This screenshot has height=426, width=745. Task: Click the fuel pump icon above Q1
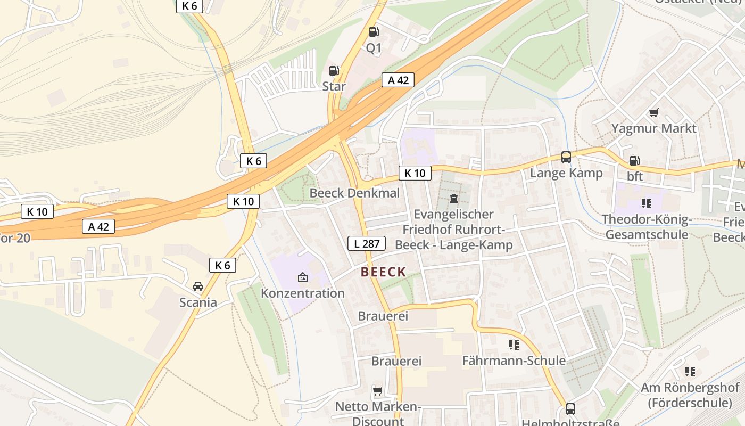pyautogui.click(x=374, y=32)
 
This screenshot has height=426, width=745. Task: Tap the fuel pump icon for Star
pyautogui.click(x=334, y=70)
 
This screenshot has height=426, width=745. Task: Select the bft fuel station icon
pyautogui.click(x=634, y=160)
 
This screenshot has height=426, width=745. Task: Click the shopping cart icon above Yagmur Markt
pyautogui.click(x=653, y=112)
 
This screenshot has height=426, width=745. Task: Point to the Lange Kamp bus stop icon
pyautogui.click(x=566, y=157)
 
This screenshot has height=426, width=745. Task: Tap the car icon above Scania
pyautogui.click(x=198, y=286)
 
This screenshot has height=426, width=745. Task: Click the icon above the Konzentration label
pyautogui.click(x=302, y=277)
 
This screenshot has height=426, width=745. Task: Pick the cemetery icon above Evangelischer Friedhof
pyautogui.click(x=454, y=199)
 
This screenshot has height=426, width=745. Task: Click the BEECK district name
pyautogui.click(x=383, y=272)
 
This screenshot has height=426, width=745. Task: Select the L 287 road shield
pyautogui.click(x=367, y=244)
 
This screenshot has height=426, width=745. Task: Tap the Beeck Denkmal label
pyautogui.click(x=354, y=193)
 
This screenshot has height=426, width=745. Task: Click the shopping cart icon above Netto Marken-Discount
pyautogui.click(x=377, y=391)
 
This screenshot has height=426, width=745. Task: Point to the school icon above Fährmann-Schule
pyautogui.click(x=514, y=345)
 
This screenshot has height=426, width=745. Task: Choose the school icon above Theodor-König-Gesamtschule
pyautogui.click(x=647, y=203)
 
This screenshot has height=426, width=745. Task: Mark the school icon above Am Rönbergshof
pyautogui.click(x=690, y=372)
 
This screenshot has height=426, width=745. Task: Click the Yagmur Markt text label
pyautogui.click(x=653, y=128)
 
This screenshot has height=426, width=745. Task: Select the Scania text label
pyautogui.click(x=198, y=302)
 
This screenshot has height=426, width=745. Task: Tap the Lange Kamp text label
pyautogui.click(x=566, y=173)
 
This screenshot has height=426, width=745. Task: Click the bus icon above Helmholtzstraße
pyautogui.click(x=570, y=409)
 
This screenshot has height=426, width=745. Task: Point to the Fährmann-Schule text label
pyautogui.click(x=514, y=361)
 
